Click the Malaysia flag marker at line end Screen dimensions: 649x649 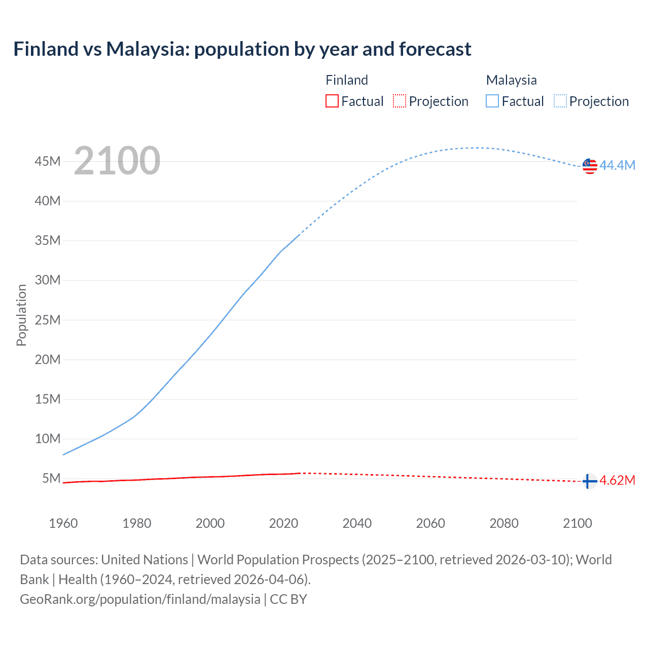[590, 166]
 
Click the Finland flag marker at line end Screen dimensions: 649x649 [589, 481]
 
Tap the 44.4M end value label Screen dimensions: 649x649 [617, 165]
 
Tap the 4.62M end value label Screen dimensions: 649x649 [617, 480]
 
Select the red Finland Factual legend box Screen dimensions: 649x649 [332, 101]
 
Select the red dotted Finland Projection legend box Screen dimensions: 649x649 [400, 101]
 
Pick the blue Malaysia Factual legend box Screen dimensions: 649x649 [492, 101]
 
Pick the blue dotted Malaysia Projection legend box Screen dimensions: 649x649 [560, 101]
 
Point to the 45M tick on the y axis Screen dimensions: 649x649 [48, 161]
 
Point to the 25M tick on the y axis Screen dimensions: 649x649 [48, 320]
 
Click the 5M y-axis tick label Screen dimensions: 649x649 [51, 478]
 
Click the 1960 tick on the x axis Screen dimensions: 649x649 [63, 523]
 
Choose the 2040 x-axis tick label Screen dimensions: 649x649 [357, 523]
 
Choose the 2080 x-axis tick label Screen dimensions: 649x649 [504, 523]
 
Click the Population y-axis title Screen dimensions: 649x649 [21, 315]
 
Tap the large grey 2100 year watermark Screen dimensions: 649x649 [117, 161]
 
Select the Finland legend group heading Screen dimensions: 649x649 [347, 80]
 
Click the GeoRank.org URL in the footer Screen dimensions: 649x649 [140, 599]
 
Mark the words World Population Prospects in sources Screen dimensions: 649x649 [278, 559]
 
